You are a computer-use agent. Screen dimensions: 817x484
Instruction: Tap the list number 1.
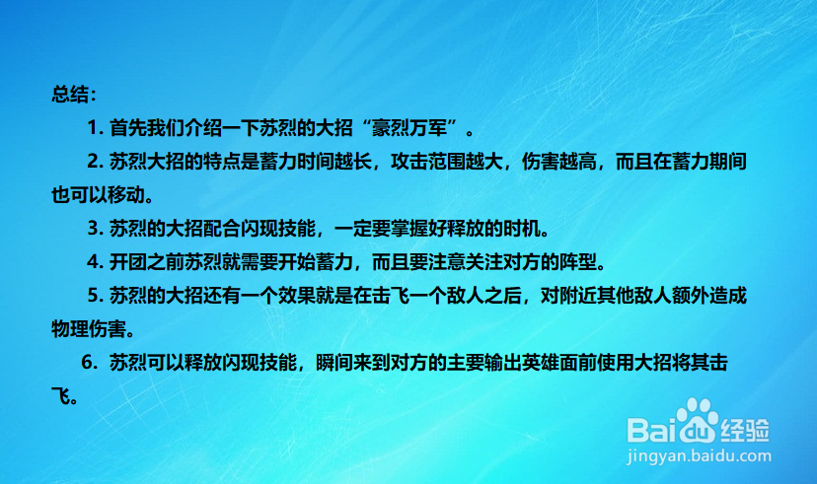coord(92,127)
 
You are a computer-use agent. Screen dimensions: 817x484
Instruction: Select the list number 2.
coord(93,162)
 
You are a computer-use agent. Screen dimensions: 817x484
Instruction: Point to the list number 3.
coord(93,228)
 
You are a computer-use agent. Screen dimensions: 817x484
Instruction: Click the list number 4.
coord(93,261)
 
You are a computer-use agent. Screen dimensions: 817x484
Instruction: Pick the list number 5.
coord(93,295)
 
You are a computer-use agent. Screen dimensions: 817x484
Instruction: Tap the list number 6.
coord(87,362)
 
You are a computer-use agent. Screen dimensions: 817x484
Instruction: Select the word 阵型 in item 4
coord(578,261)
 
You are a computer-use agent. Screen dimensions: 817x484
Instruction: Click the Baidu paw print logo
coord(698,420)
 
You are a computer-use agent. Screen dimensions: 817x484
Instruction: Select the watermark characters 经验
coord(745,430)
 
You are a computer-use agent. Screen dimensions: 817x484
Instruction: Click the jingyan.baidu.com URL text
coord(699,456)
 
